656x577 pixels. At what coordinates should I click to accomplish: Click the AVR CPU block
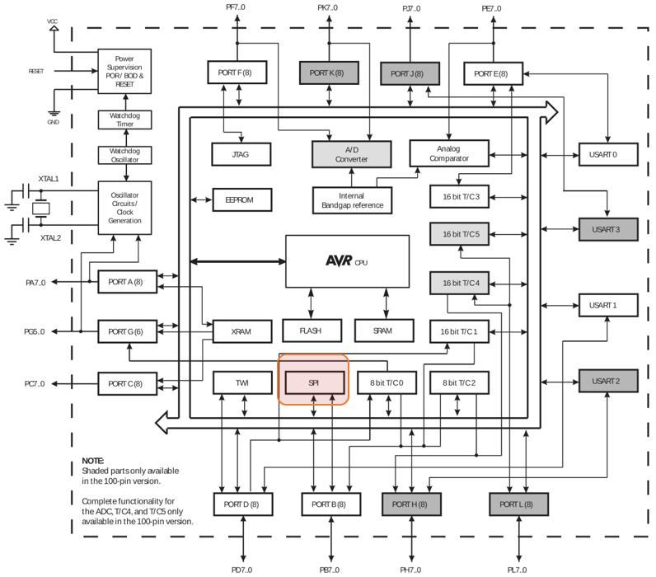(347, 260)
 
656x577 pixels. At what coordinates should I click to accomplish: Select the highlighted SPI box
(313, 382)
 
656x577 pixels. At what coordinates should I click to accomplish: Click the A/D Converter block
(350, 153)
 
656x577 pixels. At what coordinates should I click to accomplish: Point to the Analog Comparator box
(449, 153)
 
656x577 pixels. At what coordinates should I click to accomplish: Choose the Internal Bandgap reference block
(353, 199)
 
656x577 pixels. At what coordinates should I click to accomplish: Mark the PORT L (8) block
(519, 504)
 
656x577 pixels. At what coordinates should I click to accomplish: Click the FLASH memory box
(312, 331)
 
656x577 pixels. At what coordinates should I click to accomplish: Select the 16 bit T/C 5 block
(460, 235)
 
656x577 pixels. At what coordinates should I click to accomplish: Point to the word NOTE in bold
(93, 461)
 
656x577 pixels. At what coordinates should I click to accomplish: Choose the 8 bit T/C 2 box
(460, 382)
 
